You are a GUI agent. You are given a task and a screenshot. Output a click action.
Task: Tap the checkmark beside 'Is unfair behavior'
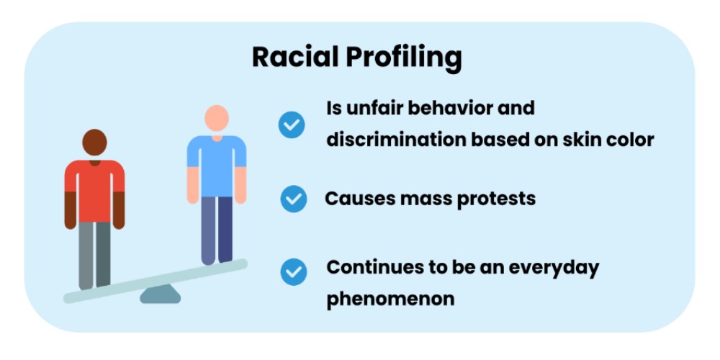(x=292, y=125)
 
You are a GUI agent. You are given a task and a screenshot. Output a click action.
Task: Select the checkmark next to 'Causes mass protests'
(x=293, y=199)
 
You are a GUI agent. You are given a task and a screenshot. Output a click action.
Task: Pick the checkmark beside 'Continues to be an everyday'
(x=293, y=271)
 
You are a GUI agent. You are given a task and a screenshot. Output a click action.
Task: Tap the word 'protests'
(x=496, y=198)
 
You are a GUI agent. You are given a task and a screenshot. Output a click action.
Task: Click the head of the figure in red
(x=94, y=143)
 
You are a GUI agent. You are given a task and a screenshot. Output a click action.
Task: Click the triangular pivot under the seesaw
(x=159, y=294)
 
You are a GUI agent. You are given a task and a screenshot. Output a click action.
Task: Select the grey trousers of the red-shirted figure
(x=94, y=252)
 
